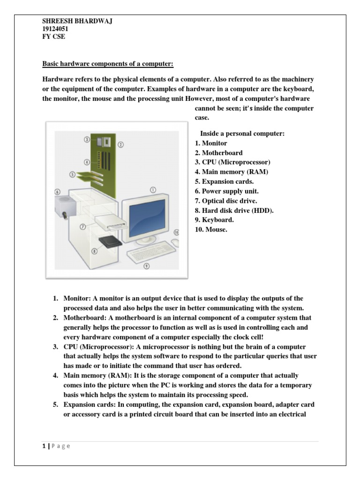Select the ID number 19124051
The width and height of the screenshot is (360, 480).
pyautogui.click(x=55, y=29)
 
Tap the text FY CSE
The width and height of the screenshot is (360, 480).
pyautogui.click(x=53, y=37)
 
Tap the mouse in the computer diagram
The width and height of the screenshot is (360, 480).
pyautogui.click(x=174, y=242)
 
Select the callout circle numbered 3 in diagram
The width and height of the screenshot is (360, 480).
pyautogui.click(x=87, y=139)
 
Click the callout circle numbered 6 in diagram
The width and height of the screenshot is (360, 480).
pyautogui.click(x=57, y=191)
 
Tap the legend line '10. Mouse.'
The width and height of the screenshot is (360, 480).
pyautogui.click(x=211, y=230)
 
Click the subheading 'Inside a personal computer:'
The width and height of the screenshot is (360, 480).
pyautogui.click(x=242, y=134)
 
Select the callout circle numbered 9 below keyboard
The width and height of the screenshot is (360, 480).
pyautogui.click(x=146, y=266)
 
